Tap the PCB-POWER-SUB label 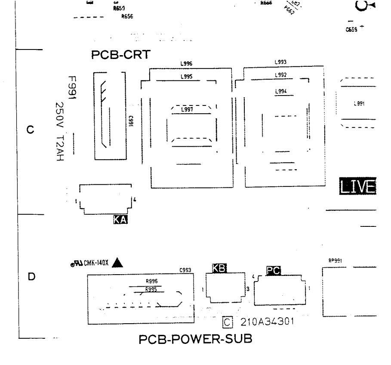195,340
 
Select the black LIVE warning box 357,187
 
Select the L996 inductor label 186,64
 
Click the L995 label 186,77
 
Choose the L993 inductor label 280,62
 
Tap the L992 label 280,75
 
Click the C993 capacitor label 185,271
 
